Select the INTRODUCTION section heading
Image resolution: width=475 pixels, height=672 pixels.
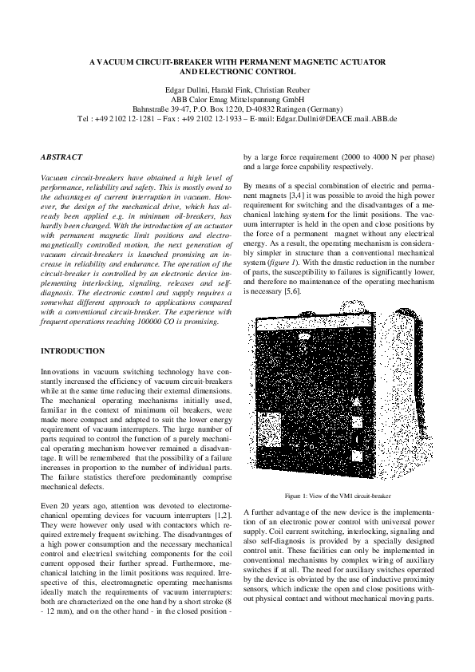click(x=72, y=350)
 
